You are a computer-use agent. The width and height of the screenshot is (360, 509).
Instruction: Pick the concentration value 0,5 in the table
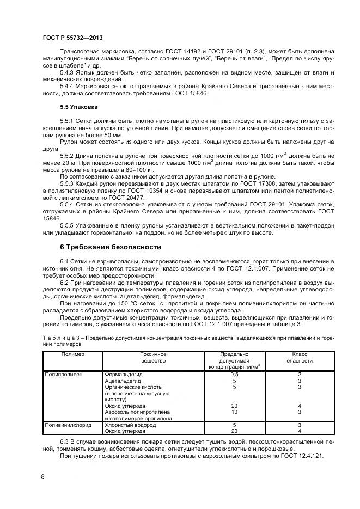pos(234,375)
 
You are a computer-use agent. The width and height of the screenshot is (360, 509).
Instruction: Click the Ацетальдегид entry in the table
pos(121,381)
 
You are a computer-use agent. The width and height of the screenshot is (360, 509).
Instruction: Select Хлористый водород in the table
pos(127,424)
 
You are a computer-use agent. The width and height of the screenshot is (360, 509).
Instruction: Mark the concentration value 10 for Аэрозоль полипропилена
pos(234,412)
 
